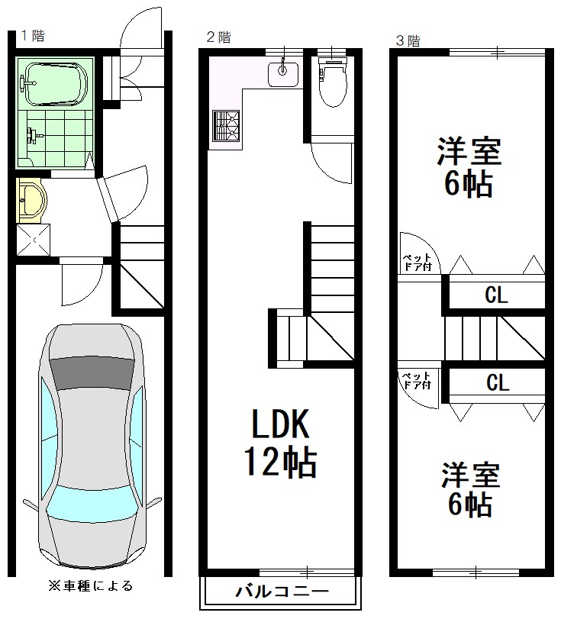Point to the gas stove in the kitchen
225,126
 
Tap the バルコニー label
280,592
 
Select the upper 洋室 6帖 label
469,167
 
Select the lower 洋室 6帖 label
469,488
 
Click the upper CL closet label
497,296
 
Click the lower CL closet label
497,384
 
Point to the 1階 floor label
31,35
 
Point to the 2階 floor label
218,36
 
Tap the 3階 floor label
407,40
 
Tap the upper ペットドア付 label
418,262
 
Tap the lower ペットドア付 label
417,380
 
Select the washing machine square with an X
34,240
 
